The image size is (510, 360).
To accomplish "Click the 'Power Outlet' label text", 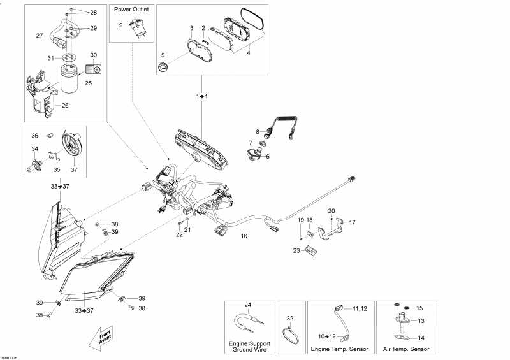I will [x=131, y=10].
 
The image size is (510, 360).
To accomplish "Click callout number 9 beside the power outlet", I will [x=120, y=25].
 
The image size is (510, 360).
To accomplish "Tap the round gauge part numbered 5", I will [x=164, y=68].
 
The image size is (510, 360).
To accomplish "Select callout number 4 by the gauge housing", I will [x=249, y=54].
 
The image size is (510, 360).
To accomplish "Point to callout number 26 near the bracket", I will [x=65, y=106].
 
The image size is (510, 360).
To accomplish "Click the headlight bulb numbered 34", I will [x=32, y=167].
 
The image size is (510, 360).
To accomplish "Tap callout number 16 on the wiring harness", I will [x=244, y=236].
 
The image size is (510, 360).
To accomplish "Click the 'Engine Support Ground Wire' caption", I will [x=249, y=347].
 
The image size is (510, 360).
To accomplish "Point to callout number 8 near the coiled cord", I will [x=258, y=131].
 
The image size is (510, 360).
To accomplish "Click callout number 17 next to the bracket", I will [x=352, y=222].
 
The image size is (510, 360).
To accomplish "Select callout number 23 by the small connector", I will [x=296, y=251].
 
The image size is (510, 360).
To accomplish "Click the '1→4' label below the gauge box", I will [x=201, y=96].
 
